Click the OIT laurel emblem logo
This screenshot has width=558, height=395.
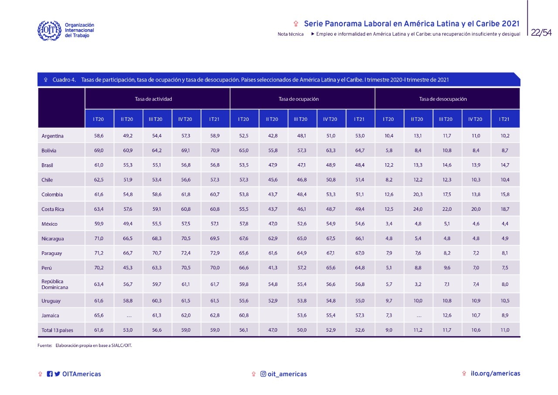[49, 30]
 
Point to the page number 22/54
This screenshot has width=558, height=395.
[541, 33]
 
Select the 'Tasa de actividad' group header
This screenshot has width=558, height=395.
[153, 99]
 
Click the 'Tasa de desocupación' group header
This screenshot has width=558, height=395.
[443, 99]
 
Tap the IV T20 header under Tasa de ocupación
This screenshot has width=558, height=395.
[331, 119]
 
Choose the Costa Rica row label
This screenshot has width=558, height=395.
[53, 209]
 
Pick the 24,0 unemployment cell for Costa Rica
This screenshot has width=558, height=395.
[418, 209]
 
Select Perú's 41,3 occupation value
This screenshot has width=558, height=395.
[273, 268]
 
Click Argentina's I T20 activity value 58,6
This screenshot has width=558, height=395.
[99, 136]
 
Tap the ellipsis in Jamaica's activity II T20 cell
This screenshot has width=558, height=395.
[128, 316]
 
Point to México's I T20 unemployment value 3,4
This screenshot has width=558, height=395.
[389, 224]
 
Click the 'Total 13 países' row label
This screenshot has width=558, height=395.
[58, 330]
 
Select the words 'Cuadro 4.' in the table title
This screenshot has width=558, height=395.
[65, 80]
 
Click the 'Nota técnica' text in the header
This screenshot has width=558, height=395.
[290, 34]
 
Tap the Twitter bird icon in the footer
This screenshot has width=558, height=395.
[57, 374]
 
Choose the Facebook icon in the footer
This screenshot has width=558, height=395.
[50, 374]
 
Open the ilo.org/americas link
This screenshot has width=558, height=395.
[495, 374]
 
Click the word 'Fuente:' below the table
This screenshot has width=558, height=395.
[44, 346]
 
